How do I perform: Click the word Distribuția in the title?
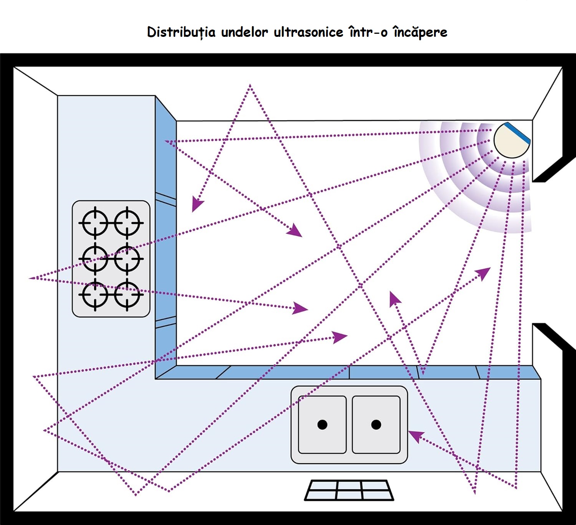(x=181, y=32)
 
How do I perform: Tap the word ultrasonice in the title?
(x=308, y=32)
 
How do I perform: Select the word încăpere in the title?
(x=420, y=32)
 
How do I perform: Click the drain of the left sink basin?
(x=322, y=424)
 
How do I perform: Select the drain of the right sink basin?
(x=376, y=424)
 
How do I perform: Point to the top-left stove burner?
(x=95, y=223)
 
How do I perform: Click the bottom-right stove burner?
(x=127, y=295)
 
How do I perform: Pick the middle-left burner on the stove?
(x=95, y=259)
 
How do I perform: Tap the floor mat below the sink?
(x=349, y=490)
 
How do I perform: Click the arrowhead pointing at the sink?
(x=415, y=435)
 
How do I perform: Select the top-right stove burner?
(x=127, y=223)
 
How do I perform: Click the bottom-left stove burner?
(x=95, y=295)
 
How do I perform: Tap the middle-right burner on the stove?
(x=127, y=259)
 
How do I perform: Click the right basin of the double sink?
(x=376, y=424)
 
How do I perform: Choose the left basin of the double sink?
(x=322, y=424)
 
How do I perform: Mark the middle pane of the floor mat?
(x=349, y=490)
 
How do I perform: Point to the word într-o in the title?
(x=368, y=32)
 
